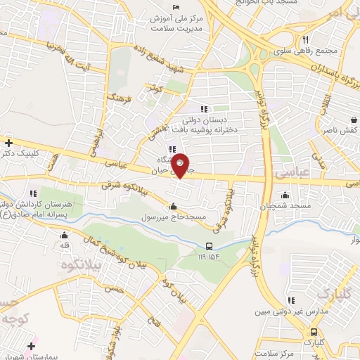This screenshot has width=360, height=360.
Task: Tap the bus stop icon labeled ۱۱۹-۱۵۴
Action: click(210, 246)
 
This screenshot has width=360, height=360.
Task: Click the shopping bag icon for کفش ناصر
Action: click(354, 120)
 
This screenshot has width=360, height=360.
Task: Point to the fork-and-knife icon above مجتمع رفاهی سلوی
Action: click(305, 39)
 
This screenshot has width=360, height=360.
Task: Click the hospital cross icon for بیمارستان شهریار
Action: click(31, 347)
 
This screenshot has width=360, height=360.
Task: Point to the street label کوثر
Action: click(153, 89)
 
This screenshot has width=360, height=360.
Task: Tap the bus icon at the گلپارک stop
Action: click(314, 333)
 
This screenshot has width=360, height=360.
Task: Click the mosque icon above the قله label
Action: click(65, 236)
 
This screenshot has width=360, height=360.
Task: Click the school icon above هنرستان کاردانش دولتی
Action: click(32, 193)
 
